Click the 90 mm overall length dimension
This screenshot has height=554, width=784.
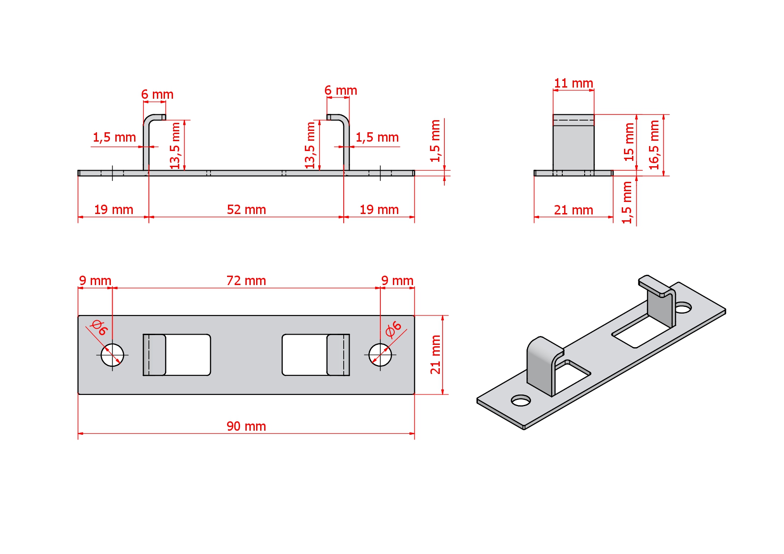246,426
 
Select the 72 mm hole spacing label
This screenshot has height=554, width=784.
246,281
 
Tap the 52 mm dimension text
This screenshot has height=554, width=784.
246,210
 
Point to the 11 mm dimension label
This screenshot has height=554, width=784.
573,83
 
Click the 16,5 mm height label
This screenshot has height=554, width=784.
654,145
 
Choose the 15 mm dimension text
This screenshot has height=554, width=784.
629,142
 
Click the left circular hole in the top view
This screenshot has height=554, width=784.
112,355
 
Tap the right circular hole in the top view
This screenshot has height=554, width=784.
380,355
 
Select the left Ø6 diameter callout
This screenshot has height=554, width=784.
99,327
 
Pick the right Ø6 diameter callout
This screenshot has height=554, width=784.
393,329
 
